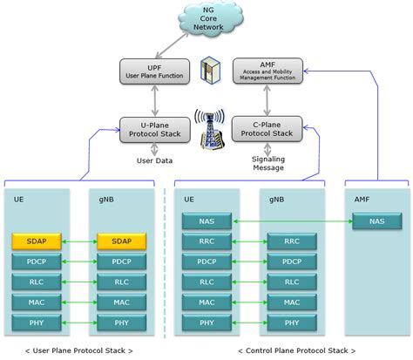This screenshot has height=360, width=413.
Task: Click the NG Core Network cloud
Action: tap(206, 20)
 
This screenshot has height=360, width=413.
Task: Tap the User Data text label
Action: tap(153, 160)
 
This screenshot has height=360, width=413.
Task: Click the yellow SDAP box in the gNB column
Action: tap(119, 241)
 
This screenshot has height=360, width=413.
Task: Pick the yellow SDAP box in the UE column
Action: tap(35, 241)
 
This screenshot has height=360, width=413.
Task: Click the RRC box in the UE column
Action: tap(206, 241)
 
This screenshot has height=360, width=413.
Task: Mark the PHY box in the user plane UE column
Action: tap(35, 323)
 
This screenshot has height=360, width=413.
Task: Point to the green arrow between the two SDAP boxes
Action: tap(78, 241)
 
